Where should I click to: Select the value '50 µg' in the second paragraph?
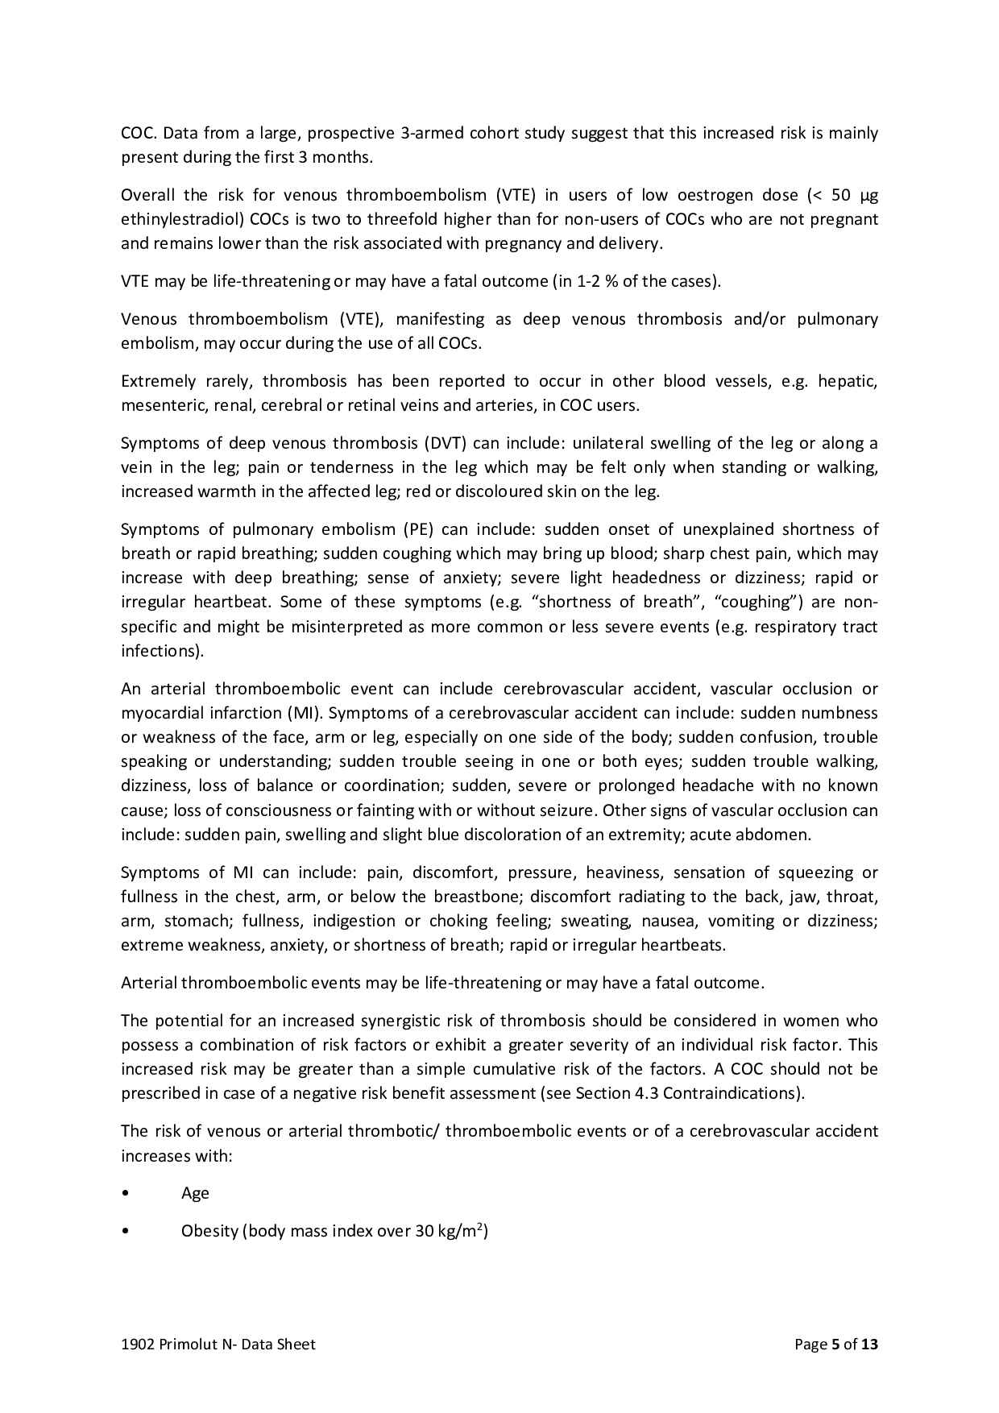pyautogui.click(x=852, y=195)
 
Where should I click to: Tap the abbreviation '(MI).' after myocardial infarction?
pyautogui.click(x=305, y=713)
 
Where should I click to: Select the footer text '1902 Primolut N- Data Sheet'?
pyautogui.click(x=218, y=1345)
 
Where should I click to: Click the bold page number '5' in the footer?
pyautogui.click(x=835, y=1345)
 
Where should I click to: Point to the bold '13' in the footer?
pyautogui.click(x=869, y=1345)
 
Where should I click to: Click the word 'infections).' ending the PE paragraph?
pyautogui.click(x=162, y=651)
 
